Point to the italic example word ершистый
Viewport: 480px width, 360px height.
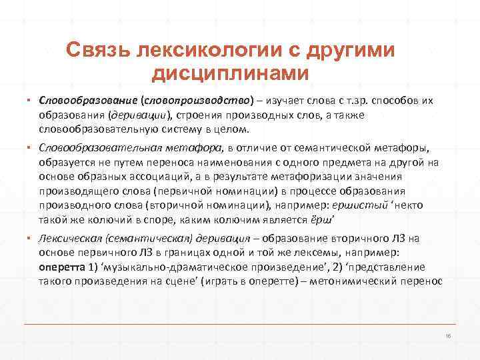371,205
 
